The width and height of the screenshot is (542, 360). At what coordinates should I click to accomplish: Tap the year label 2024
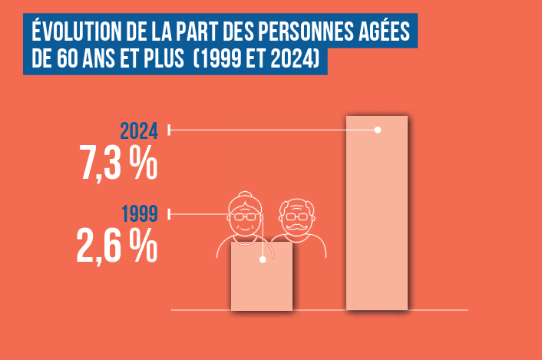coord(139,130)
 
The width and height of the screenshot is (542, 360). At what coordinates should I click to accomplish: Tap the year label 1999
coord(140,213)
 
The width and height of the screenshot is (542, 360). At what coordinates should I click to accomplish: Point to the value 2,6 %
coord(117,245)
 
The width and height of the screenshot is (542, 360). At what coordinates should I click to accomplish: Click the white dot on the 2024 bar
coord(378,130)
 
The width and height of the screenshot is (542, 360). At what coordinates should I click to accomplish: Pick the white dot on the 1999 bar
coord(263,259)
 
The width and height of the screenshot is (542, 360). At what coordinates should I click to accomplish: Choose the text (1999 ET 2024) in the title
coord(256,59)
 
